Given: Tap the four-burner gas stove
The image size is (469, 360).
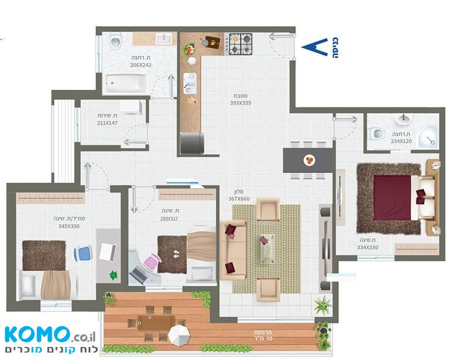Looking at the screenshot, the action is (241, 44).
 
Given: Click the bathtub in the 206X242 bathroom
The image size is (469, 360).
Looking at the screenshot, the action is (125, 83).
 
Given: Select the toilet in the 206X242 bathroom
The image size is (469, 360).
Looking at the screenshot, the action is (115, 41).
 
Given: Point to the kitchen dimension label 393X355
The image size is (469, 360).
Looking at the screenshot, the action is (240, 103).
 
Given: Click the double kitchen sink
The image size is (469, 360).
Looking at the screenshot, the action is (190, 83).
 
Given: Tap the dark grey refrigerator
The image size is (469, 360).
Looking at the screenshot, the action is (192, 143).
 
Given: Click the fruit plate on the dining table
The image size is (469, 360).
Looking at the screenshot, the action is (310, 161).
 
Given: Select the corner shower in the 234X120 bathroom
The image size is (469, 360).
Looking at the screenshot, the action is (429, 137).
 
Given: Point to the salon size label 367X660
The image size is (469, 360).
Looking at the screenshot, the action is (239, 199).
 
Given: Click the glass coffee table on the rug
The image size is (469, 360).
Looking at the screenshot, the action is (267, 249).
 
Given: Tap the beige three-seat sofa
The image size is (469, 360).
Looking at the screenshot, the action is (233, 250).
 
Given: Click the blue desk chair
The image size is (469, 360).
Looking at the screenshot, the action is (83, 253).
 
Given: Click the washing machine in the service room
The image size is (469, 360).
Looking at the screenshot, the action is (131, 107).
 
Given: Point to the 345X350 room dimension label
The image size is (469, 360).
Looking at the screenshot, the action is (69, 226).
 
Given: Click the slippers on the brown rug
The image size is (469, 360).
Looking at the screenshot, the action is (176, 254).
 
